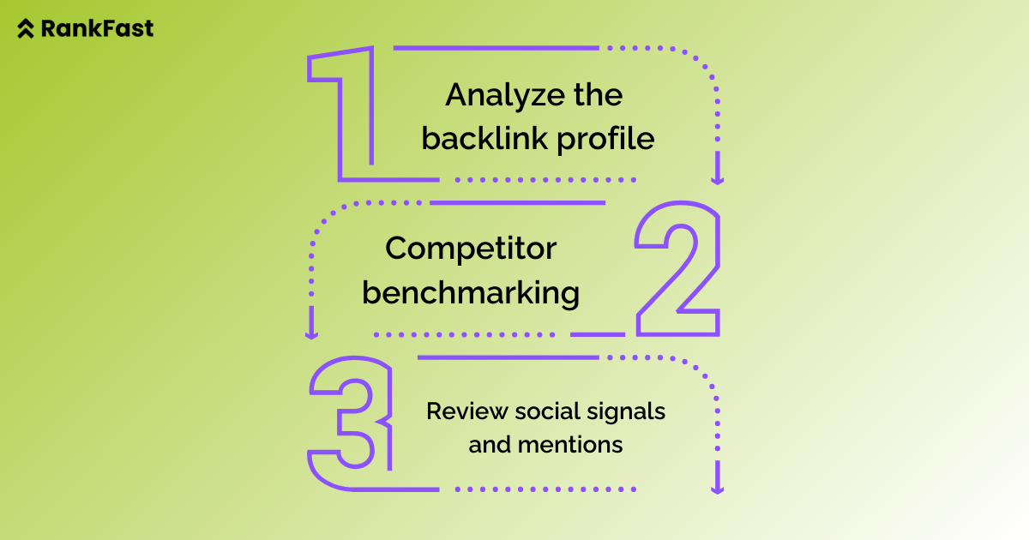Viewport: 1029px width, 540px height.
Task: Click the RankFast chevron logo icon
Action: click(27, 29)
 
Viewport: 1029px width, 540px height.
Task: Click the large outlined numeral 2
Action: click(677, 270)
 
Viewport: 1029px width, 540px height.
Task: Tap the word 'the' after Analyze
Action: click(598, 95)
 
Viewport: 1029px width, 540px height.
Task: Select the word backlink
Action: click(485, 139)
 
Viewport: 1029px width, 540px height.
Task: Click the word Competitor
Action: click(471, 249)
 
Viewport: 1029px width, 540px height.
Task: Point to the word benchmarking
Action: click(471, 293)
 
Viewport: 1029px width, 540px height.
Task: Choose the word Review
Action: click(466, 411)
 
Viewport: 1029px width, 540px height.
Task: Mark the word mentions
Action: click(570, 445)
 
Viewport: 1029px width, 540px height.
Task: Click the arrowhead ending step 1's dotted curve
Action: click(718, 180)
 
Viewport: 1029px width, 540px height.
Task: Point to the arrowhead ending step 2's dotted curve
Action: click(311, 334)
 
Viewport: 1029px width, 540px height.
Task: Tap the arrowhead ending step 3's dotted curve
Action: click(718, 489)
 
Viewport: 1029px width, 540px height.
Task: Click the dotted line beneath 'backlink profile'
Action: click(546, 180)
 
